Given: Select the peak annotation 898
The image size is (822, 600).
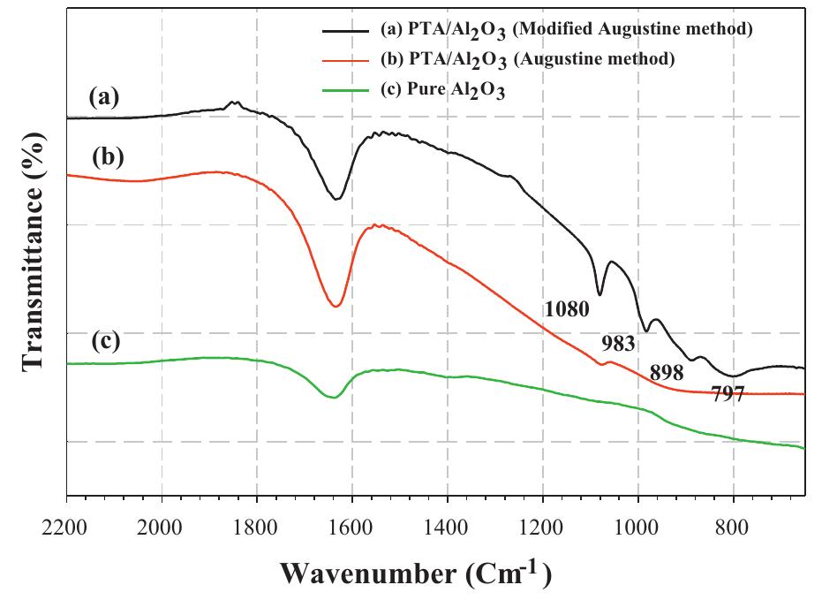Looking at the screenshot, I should click(x=667, y=372).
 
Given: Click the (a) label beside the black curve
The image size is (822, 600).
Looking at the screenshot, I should click(x=104, y=98).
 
